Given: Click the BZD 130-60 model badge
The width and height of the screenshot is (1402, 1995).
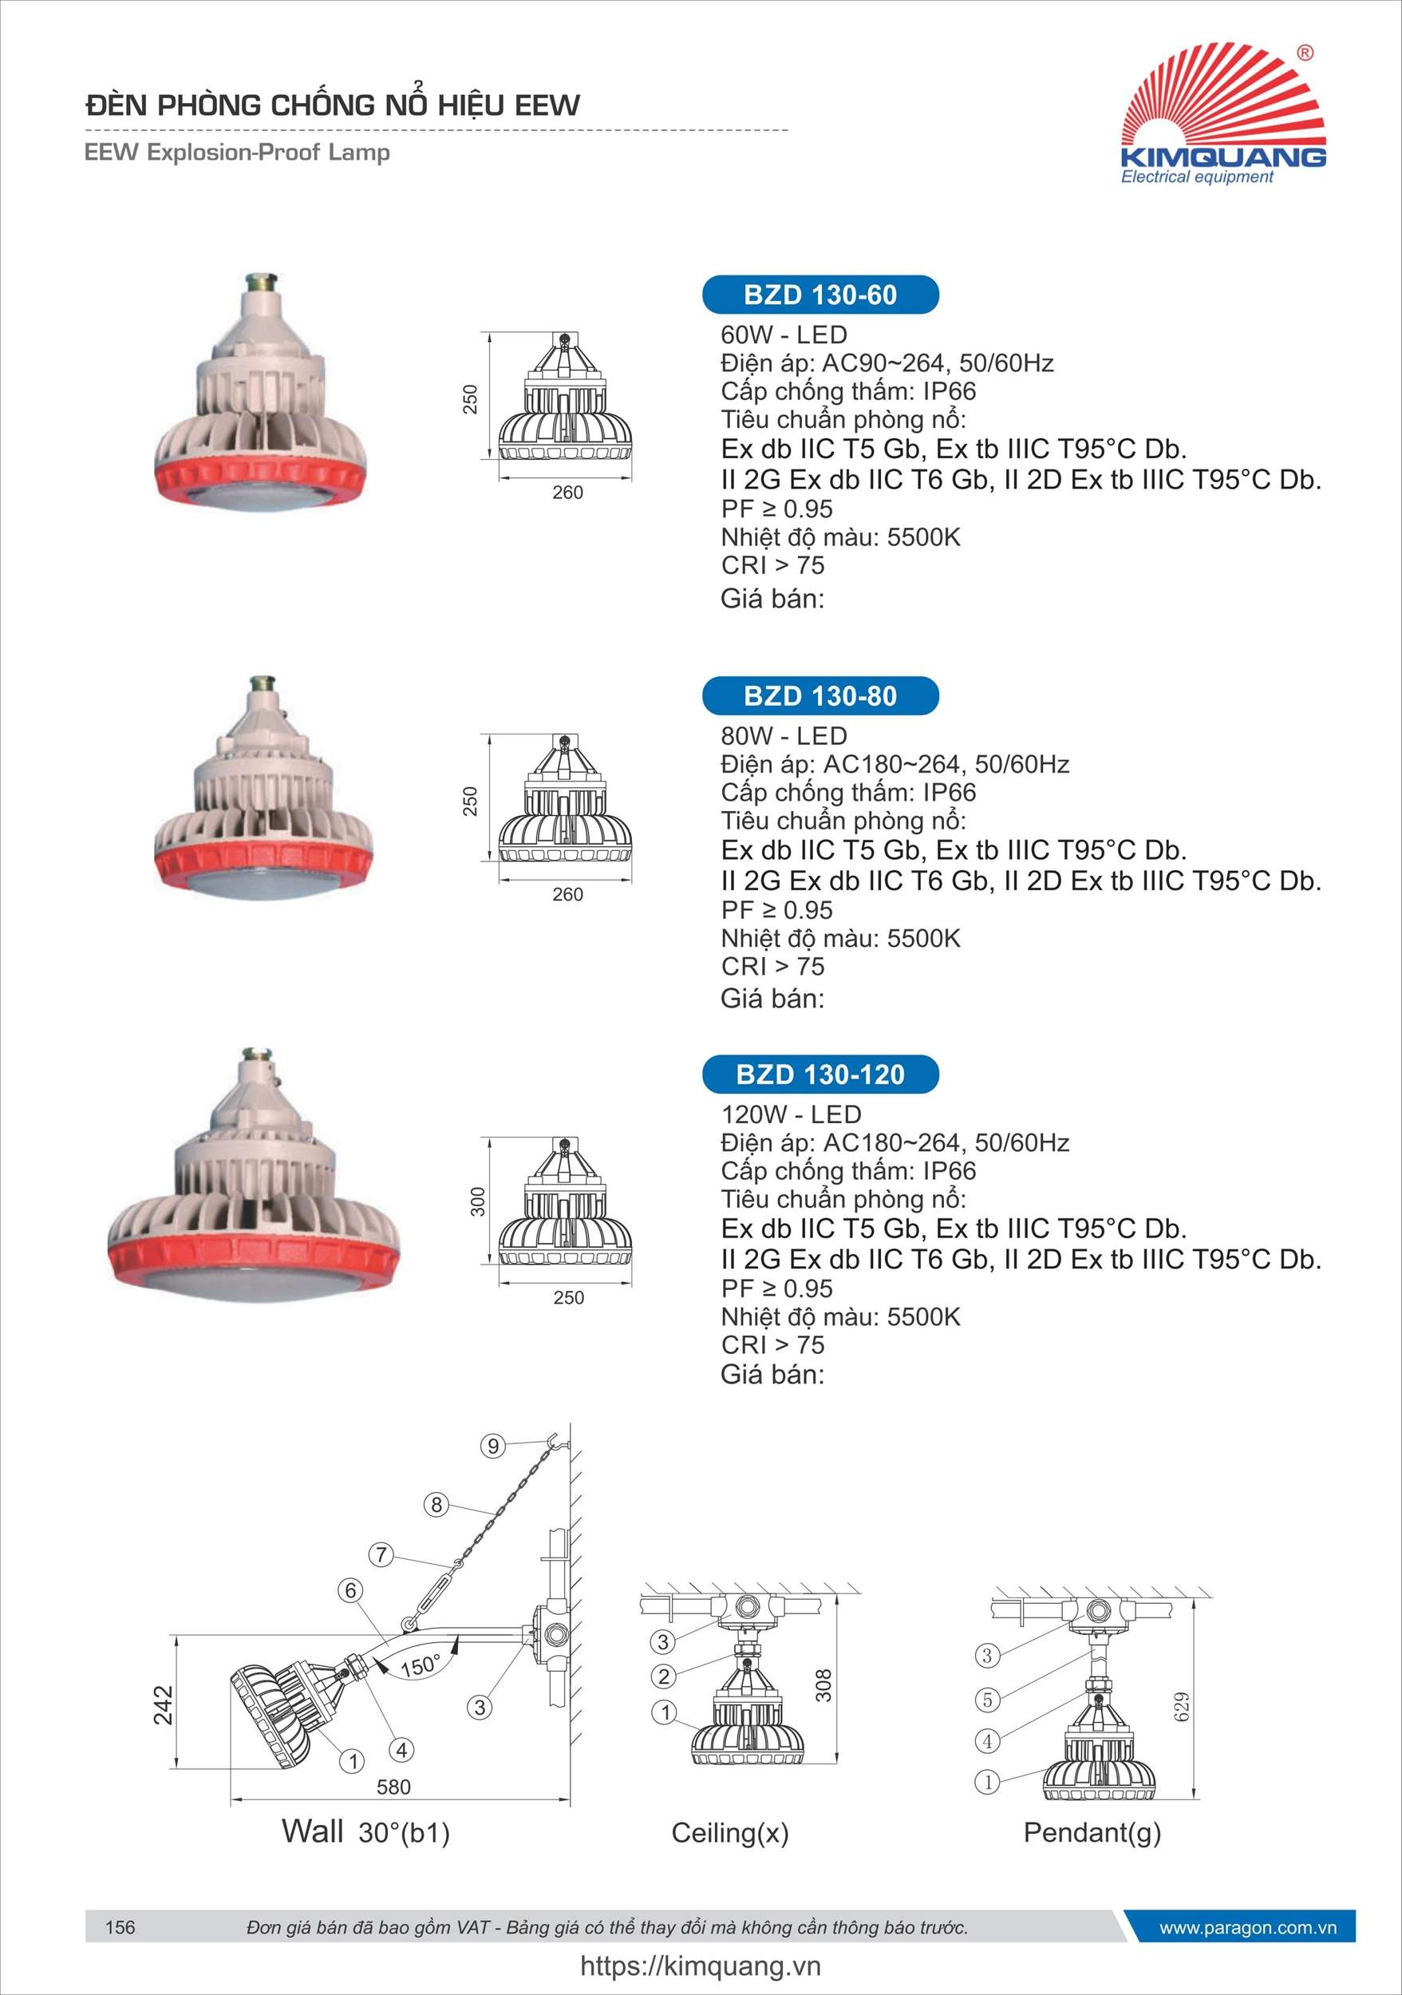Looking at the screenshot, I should [820, 295].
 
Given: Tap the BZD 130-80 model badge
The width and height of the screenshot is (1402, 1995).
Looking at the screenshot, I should [820, 696].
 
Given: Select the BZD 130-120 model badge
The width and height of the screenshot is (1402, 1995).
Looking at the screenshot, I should [820, 1074].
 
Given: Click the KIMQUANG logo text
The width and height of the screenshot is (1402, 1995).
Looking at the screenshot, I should [1223, 156].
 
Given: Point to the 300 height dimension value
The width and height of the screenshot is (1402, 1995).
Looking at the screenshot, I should [477, 1201].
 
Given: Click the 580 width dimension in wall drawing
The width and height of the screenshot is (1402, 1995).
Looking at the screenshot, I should [393, 1787].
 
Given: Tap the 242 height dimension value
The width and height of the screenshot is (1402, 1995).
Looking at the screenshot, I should [164, 1704].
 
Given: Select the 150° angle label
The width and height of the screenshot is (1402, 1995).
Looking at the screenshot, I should [420, 1665].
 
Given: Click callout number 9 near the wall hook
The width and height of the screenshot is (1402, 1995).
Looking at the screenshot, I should [492, 1446].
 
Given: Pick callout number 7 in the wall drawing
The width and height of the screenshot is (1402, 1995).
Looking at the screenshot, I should [381, 1554].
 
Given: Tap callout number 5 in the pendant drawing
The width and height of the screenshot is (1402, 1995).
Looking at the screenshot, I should [987, 1699].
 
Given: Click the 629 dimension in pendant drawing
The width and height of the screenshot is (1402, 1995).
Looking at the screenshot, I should [1181, 1706].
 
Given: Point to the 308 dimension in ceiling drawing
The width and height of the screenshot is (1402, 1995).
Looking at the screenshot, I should [823, 1686].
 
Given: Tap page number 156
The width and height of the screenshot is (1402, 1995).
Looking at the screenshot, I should [120, 1927].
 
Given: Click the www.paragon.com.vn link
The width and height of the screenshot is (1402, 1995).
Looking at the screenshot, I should [1247, 1927].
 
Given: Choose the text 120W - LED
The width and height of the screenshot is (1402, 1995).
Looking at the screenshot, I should [791, 1114].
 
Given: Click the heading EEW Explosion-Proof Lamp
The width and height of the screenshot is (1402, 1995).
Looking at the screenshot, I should [237, 152].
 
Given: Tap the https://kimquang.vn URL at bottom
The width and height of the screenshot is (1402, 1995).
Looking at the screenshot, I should [700, 1965].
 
